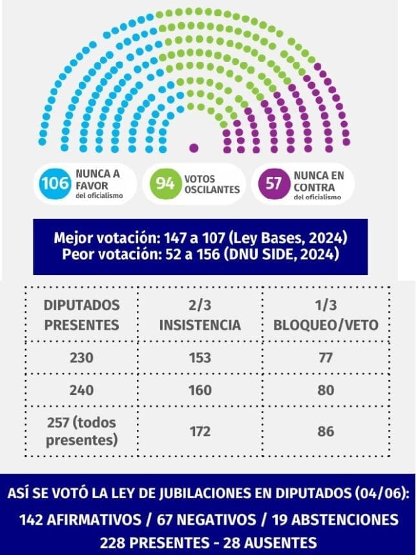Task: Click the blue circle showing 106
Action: click(55, 183)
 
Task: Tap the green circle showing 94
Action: click(166, 183)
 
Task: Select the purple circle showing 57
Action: click(274, 183)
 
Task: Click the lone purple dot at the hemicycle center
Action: click(193, 147)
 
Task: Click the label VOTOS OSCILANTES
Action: click(212, 184)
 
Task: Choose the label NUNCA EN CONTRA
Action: click(318, 179)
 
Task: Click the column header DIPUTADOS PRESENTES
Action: click(81, 314)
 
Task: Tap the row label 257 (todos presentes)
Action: click(81, 431)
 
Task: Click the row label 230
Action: click(81, 358)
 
